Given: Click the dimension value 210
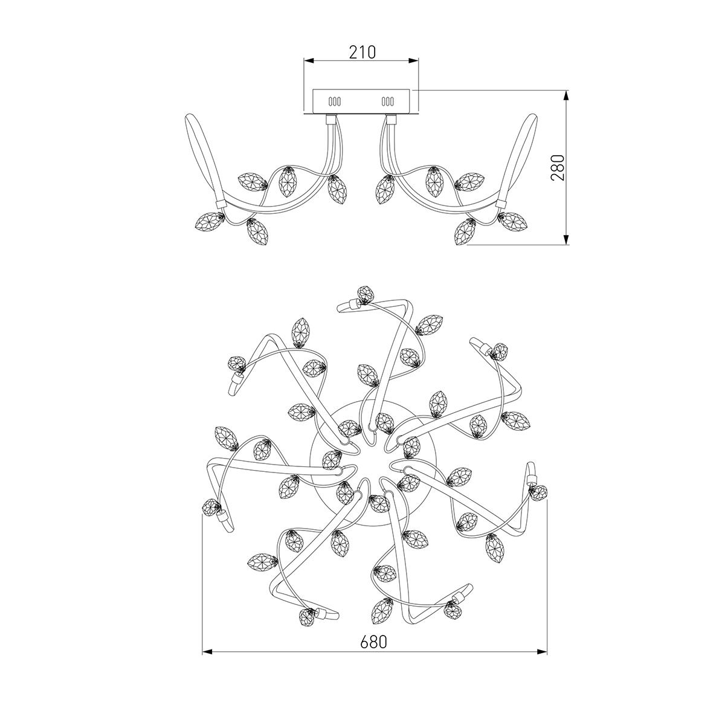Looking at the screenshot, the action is pyautogui.click(x=362, y=53).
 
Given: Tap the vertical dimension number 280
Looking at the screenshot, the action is pyautogui.click(x=558, y=167).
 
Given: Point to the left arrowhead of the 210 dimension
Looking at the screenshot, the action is pyautogui.click(x=309, y=60).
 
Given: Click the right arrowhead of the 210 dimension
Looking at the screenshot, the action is pyautogui.click(x=413, y=60).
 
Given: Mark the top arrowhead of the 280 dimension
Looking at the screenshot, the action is pyautogui.click(x=565, y=95).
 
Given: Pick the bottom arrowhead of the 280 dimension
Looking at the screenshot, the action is pyautogui.click(x=565, y=239).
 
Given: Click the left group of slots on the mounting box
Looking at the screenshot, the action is pyautogui.click(x=335, y=101).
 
